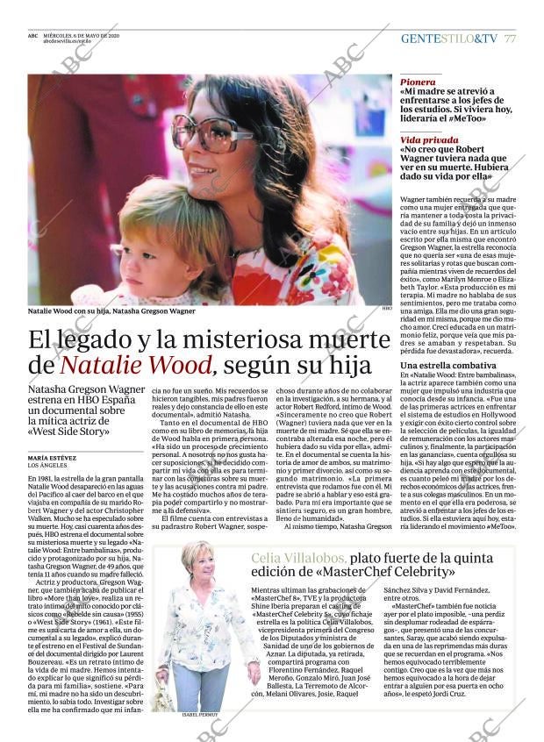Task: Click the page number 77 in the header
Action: [510, 39]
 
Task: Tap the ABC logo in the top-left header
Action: [33, 35]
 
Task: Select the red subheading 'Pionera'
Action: [418, 81]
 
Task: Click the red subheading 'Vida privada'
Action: [429, 139]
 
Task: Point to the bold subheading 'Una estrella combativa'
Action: [447, 364]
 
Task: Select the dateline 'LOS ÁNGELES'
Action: [52, 465]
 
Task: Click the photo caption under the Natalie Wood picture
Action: [111, 310]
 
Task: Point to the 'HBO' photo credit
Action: [386, 308]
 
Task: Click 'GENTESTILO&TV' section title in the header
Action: [448, 39]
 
